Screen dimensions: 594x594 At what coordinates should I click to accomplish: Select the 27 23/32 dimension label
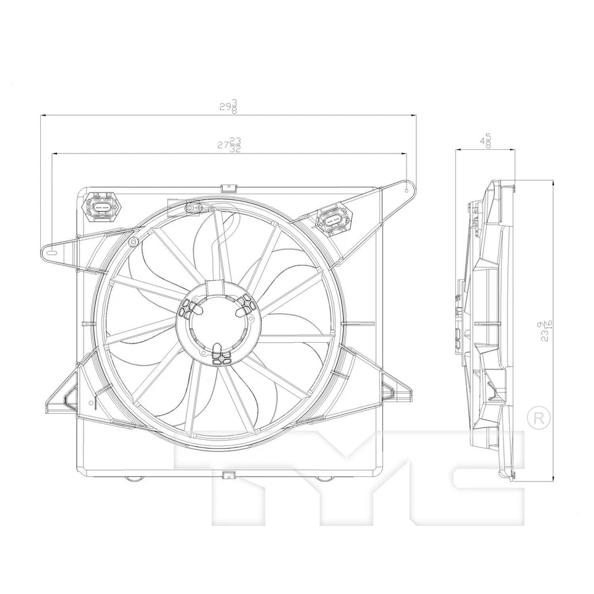pyautogui.click(x=228, y=145)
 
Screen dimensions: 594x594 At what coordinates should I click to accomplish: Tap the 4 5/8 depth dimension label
pyautogui.click(x=486, y=141)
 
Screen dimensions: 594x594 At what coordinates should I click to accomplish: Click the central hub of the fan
pyautogui.click(x=215, y=322)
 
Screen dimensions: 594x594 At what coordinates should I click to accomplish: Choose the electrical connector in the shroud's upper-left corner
pyautogui.click(x=103, y=205)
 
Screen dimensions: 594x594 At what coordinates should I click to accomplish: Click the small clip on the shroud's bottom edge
pyautogui.click(x=228, y=475)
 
